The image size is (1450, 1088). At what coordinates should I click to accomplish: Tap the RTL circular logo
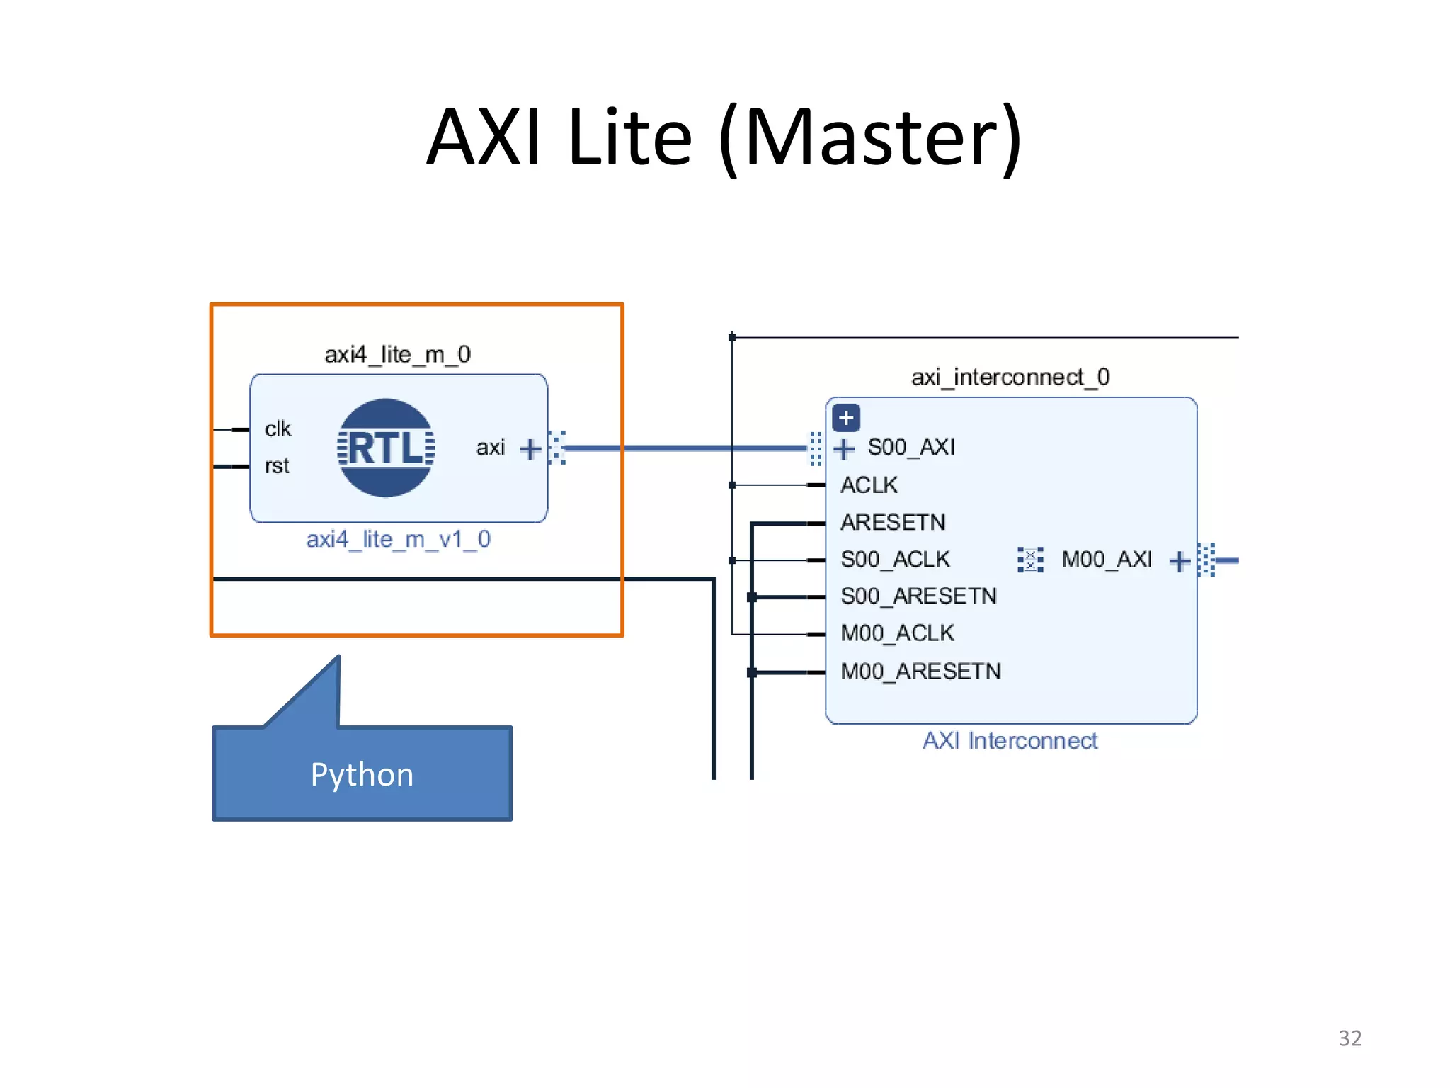386,448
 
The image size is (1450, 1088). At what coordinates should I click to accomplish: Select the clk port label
278,429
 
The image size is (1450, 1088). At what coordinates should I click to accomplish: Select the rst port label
277,466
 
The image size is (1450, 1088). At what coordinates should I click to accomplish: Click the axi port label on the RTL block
490,448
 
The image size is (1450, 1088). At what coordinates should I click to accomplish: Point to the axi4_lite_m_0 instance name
397,354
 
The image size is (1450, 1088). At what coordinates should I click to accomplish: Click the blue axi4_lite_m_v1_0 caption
398,540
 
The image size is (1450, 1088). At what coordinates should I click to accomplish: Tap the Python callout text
362,775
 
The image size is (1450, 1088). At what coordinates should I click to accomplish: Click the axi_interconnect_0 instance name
1010,377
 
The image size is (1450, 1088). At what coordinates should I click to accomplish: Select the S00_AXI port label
911,447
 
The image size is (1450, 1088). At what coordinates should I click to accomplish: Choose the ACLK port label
869,485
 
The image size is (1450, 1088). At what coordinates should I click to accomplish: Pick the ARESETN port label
893,523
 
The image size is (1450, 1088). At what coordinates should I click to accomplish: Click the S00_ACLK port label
895,560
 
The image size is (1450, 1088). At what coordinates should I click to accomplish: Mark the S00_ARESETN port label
918,596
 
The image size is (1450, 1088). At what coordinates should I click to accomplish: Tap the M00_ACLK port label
897,633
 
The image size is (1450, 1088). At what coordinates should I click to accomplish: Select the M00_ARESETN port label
920,671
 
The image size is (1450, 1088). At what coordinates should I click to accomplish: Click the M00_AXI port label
1107,560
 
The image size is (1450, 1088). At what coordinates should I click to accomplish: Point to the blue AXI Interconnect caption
1010,741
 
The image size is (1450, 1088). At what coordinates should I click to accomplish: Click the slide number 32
1349,1038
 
